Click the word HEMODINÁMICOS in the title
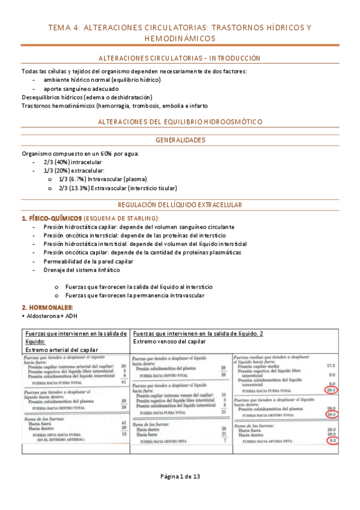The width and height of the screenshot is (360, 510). coord(180,38)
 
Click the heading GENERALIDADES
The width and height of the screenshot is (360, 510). coord(180,140)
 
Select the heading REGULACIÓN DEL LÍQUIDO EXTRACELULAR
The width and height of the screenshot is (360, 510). coord(180,205)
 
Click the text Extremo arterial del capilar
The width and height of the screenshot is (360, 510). coord(61,349)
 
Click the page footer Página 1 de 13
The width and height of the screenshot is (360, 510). coord(180,476)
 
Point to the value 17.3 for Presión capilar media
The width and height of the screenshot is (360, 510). coord(331,366)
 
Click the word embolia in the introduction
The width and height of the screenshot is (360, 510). coord(169,106)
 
